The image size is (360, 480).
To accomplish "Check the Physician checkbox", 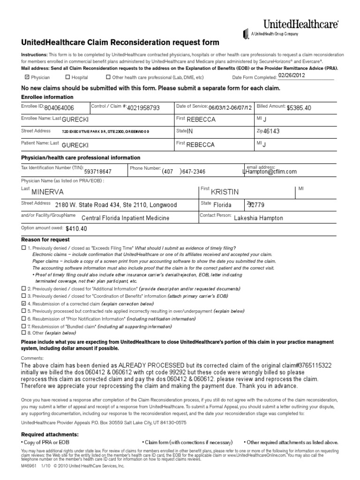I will click(x=27, y=77).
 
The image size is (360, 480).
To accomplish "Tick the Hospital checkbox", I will click(x=68, y=77).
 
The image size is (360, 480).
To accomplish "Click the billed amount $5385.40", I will click(x=299, y=108).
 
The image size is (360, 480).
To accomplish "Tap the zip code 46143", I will click(x=271, y=132).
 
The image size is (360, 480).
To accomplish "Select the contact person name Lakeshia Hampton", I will click(x=258, y=218).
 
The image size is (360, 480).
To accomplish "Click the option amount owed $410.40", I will click(x=76, y=229).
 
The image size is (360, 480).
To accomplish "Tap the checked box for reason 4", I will click(x=24, y=304).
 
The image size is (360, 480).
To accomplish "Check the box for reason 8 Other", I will click(x=24, y=332).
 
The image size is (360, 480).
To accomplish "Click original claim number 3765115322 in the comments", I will click(x=317, y=365).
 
